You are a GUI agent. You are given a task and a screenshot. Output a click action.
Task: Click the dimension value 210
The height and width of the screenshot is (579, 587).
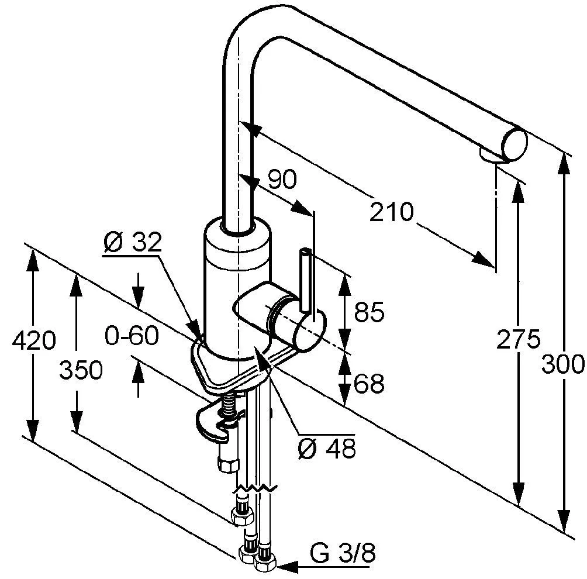(392, 212)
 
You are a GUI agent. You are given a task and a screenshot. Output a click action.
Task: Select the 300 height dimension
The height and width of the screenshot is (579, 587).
(562, 364)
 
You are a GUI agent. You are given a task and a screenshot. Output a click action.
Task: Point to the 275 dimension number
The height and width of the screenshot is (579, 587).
(518, 339)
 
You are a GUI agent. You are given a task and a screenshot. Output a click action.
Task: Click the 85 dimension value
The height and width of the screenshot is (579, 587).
(369, 311)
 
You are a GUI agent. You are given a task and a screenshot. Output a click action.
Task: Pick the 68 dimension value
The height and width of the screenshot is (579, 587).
(369, 383)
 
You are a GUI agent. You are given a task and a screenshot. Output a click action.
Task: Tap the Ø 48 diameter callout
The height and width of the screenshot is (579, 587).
(326, 448)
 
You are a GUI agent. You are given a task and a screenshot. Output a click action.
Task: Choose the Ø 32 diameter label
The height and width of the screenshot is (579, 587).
(132, 242)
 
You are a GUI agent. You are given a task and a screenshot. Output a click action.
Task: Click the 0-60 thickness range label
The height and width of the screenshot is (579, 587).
(132, 336)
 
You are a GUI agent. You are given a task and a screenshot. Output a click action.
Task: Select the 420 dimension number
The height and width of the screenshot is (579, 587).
(34, 340)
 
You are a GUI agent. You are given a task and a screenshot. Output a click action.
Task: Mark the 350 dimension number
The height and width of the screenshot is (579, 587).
(81, 370)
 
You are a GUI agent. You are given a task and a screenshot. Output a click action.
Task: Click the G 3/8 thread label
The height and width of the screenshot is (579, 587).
(343, 553)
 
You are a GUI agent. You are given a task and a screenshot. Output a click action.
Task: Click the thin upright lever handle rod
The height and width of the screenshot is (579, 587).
(305, 280)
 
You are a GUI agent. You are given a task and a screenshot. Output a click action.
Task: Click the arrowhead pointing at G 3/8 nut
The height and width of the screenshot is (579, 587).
(287, 567)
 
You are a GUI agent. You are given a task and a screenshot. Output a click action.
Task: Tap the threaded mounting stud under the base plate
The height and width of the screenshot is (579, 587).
(227, 406)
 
